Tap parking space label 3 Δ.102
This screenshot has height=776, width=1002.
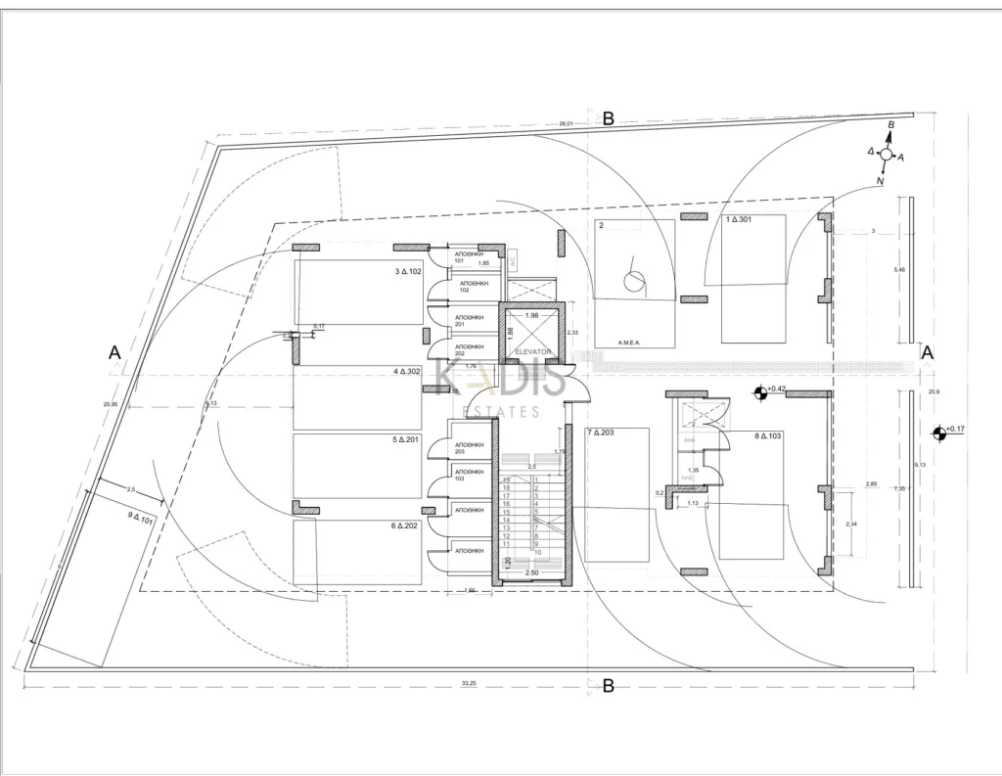click(x=407, y=271)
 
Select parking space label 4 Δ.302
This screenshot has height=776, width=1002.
click(x=407, y=372)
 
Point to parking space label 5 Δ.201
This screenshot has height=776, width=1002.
click(x=405, y=439)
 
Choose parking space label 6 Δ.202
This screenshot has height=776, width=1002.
click(x=406, y=525)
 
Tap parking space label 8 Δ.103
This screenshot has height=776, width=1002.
click(x=769, y=436)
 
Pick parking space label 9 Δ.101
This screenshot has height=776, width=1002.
click(x=142, y=519)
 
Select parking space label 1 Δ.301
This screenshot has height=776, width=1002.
click(x=739, y=220)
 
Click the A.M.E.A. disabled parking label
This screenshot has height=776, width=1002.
click(x=628, y=342)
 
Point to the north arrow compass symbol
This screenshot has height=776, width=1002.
click(x=887, y=154)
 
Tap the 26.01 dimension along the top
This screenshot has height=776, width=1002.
click(x=565, y=124)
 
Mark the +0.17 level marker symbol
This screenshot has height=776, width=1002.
click(x=939, y=431)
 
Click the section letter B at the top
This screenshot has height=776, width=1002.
click(x=608, y=118)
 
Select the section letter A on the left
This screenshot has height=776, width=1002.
click(x=114, y=352)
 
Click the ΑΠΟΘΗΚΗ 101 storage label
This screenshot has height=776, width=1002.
click(x=469, y=257)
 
